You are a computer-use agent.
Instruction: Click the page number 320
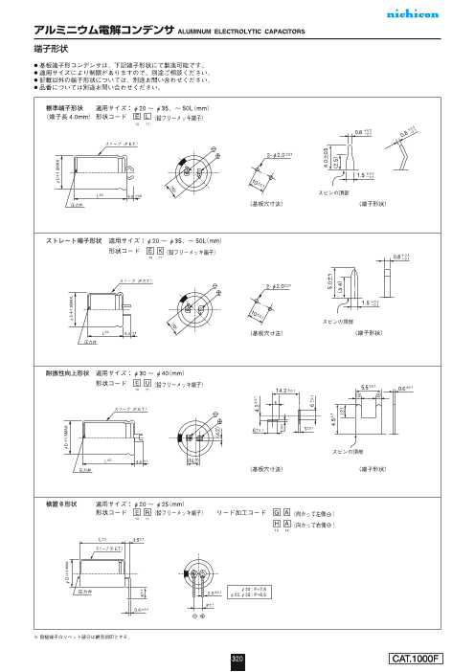pos(237,658)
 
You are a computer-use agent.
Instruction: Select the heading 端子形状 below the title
pos(50,45)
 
